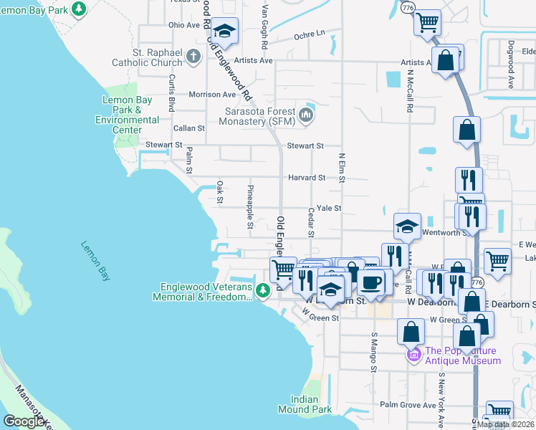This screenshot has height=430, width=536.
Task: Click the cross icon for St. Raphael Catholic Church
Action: pos(193,56)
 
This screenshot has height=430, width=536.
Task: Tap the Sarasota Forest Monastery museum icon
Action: pos(307,115)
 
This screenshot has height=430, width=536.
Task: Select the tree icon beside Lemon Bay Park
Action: pos(80,9)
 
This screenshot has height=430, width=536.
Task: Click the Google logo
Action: pos(24,421)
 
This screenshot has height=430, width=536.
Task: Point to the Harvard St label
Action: pos(307,177)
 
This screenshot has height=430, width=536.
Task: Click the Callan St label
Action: pos(189,128)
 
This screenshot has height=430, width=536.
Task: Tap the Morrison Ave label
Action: pos(212,95)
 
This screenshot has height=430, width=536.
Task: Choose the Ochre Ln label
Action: pos(309,33)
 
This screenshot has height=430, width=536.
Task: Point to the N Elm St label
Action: pos(342,166)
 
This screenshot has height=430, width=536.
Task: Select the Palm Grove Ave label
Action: pos(408,405)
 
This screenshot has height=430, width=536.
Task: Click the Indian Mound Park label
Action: pos(311,404)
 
